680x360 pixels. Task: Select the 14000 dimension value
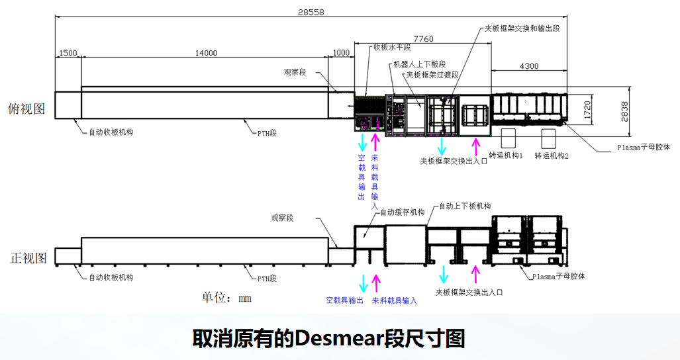point(206,54)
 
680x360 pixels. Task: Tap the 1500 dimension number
point(68,54)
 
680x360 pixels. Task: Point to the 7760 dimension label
point(423,39)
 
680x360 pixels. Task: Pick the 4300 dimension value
point(528,66)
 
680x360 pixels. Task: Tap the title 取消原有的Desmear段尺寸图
point(329,339)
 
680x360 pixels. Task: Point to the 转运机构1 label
point(507,156)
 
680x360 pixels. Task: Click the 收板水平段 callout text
point(392,47)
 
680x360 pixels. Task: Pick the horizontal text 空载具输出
point(345,300)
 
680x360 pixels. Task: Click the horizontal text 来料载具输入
point(395,300)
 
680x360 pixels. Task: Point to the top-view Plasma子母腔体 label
point(643,148)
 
